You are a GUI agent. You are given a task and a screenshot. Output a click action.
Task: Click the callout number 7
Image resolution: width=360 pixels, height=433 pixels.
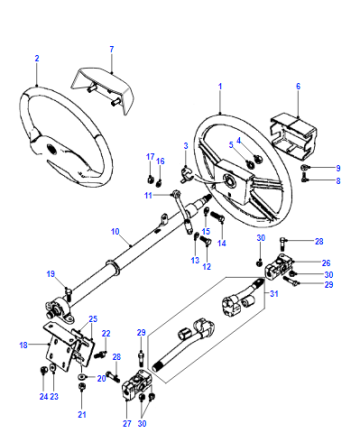click(112, 49)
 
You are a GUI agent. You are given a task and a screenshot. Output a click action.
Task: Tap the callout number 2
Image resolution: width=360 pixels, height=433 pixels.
click(37, 58)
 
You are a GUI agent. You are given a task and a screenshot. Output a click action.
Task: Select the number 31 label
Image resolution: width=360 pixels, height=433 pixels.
click(274, 294)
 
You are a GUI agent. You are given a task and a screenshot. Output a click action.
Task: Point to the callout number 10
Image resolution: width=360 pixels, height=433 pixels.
click(115, 231)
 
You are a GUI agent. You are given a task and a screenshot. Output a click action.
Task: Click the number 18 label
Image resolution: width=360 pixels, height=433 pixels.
click(23, 345)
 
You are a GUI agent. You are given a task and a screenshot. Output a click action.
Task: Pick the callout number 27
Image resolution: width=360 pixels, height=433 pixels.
click(127, 424)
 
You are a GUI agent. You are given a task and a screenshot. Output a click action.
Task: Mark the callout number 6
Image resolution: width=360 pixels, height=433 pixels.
click(298, 86)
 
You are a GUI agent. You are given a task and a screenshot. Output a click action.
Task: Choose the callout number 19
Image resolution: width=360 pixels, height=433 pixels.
click(51, 274)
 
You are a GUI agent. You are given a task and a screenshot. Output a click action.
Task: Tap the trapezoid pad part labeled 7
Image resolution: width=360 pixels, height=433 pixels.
click(103, 89)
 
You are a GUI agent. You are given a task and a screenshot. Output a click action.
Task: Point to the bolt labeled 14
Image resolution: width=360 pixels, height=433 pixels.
click(218, 217)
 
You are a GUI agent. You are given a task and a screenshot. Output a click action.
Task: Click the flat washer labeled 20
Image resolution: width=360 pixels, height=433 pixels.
click(81, 377)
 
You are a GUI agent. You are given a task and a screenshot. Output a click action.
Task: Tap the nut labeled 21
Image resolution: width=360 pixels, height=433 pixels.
click(81, 387)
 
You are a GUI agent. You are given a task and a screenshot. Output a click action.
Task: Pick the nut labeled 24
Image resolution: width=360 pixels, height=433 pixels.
click(43, 369)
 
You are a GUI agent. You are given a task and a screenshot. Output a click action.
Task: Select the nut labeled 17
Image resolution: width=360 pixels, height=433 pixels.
click(151, 180)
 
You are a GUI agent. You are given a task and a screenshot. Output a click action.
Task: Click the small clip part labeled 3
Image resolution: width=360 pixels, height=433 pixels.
click(187, 174)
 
